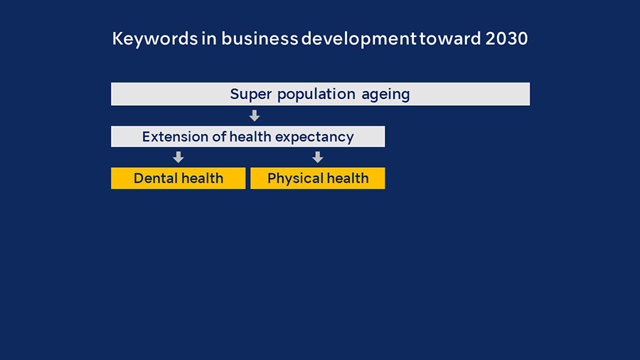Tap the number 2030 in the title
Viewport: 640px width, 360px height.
pyautogui.click(x=506, y=39)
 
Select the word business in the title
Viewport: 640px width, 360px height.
pyautogui.click(x=260, y=39)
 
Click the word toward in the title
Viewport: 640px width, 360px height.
pyautogui.click(x=450, y=39)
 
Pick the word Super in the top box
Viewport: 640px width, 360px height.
pyautogui.click(x=250, y=95)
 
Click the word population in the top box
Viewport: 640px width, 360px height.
pyautogui.click(x=316, y=95)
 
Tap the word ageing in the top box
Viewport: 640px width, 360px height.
pyautogui.click(x=385, y=95)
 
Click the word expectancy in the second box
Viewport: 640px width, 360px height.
pyautogui.click(x=314, y=137)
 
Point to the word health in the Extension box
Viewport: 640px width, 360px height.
pyautogui.click(x=250, y=137)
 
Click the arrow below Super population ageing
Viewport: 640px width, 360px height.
pyautogui.click(x=255, y=115)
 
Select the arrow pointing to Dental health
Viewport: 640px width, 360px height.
pyautogui.click(x=178, y=157)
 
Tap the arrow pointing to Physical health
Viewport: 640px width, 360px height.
pyautogui.click(x=318, y=157)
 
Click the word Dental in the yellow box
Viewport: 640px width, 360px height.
pyautogui.click(x=155, y=179)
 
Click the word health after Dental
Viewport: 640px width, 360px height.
pyautogui.click(x=202, y=178)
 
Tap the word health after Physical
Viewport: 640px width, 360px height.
pyautogui.click(x=348, y=178)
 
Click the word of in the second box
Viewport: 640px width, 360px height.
pyautogui.click(x=219, y=137)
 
